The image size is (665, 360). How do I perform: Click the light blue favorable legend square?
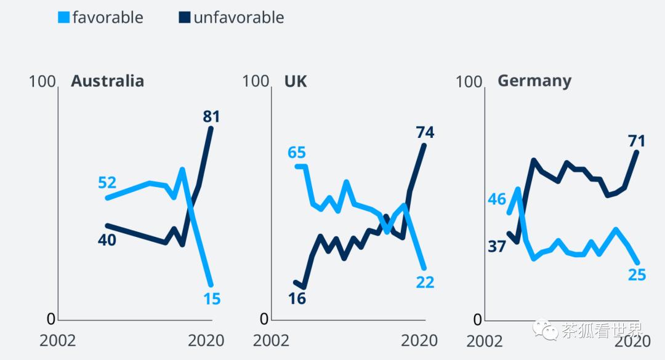coord(64,18)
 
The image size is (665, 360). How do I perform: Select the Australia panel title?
coord(107,81)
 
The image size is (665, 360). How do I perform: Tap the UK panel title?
coord(296,81)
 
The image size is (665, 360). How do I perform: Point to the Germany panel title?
coord(534,81)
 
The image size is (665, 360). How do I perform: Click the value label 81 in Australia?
coord(211,116)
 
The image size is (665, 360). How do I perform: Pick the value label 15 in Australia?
coord(212,299)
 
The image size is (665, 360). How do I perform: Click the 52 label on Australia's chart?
coord(107,183)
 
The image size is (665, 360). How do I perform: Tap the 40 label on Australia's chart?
coord(107,240)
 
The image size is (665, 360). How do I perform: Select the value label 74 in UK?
coord(425,132)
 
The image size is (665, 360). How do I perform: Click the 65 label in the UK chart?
coord(297,153)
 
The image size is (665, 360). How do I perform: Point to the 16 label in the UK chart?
coord(297,298)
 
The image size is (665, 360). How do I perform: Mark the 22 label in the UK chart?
coord(425,282)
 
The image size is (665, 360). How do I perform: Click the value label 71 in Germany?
coord(637,141)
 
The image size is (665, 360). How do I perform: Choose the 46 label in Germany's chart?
coord(496,199)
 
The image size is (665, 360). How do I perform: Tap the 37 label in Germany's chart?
coord(496,247)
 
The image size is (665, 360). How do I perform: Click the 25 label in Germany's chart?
coord(637,274)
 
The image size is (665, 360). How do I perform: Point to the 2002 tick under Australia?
coord(58,340)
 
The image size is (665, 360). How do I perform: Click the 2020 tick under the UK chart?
coord(419,340)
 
